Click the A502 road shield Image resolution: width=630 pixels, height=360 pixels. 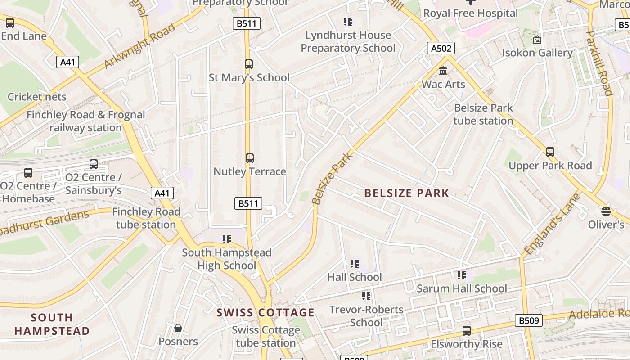coord(441,48)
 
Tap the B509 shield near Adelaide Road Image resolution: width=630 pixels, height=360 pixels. coord(528,320)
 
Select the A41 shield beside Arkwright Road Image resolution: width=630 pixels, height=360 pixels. coord(67,62)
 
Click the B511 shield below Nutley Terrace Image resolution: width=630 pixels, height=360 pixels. coord(248,203)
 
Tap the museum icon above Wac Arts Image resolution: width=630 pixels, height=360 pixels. coord(443,71)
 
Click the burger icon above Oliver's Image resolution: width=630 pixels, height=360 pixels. coord(606,211)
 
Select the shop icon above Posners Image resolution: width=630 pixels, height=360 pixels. coord(178,328)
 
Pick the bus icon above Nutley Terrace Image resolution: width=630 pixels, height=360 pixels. coord(249,158)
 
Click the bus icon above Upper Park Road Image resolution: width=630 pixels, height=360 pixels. coord(550,152)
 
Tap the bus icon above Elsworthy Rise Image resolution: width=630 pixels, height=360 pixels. coord(467,331)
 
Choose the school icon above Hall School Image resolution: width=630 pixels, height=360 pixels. coord(355,264)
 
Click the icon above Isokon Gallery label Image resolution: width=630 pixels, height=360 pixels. coord(537,40)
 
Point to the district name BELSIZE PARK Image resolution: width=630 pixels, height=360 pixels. coord(406,193)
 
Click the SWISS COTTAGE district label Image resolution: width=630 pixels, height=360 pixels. coord(265,312)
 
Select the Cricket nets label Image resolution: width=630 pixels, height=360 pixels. coord(37,97)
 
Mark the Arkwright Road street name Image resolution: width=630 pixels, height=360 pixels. coord(139,46)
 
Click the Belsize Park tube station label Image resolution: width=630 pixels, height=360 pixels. coord(483,114)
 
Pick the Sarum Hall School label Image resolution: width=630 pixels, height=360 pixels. coord(462,288)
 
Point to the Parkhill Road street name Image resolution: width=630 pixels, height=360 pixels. coord(600,63)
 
